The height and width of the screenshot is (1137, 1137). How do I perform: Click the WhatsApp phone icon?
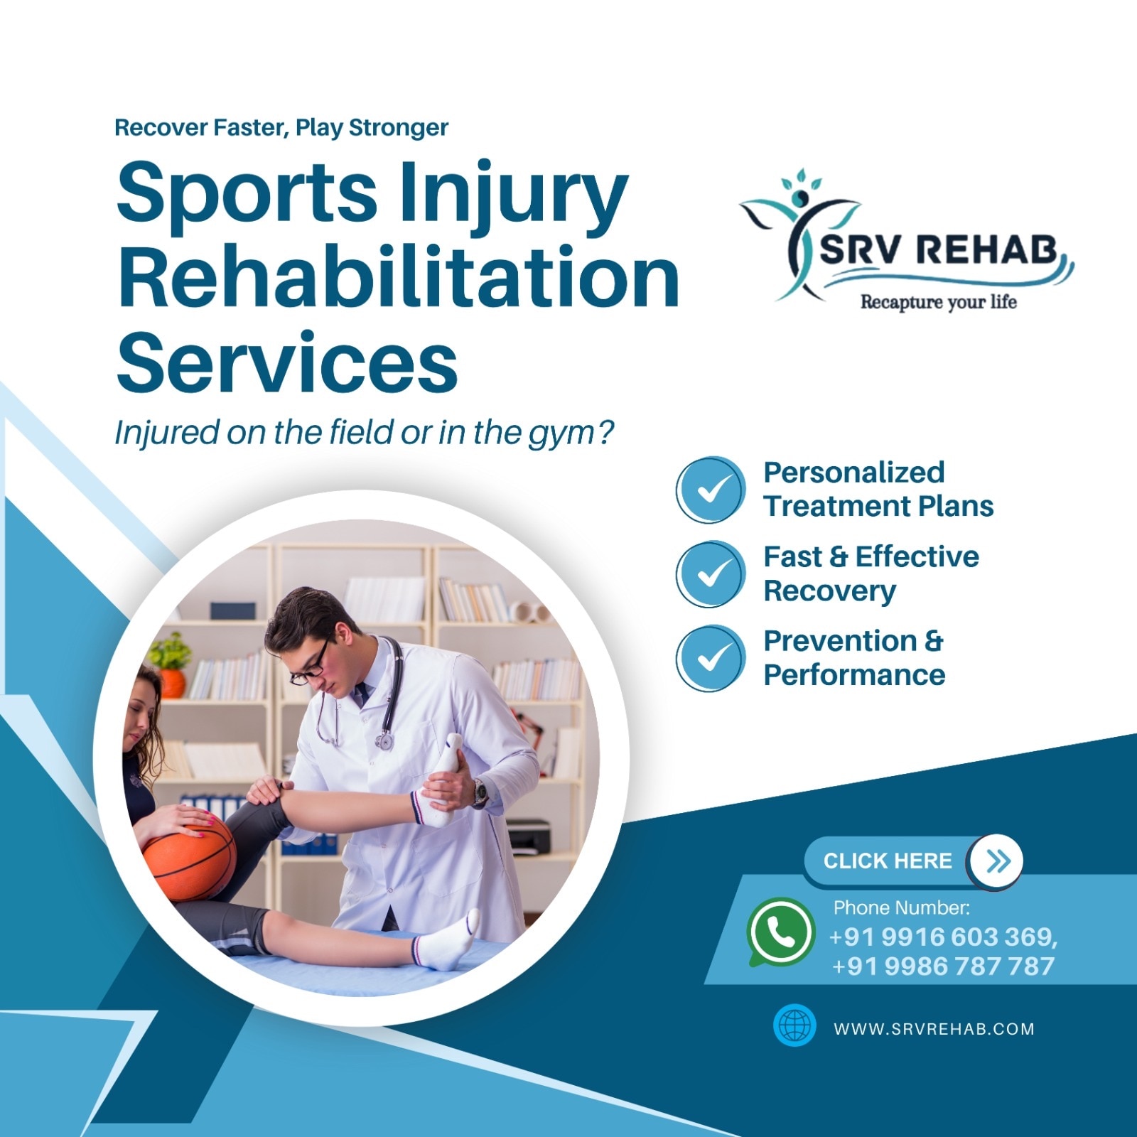pos(780,932)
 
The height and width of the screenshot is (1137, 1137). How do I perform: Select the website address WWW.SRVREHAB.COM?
pos(934,1028)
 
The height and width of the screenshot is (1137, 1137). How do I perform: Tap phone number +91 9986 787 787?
pos(943,966)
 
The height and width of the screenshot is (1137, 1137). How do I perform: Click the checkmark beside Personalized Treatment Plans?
pos(711,490)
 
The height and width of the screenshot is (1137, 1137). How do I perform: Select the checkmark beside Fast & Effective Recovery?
pos(711,573)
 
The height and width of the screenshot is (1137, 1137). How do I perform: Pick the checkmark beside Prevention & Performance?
pos(711,658)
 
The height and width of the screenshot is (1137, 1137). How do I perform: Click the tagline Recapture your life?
pos(938,302)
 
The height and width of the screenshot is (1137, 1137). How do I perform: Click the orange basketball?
pos(189,857)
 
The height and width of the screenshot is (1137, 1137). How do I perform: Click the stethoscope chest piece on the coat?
pos(384,741)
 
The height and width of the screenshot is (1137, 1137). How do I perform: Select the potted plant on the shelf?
pos(169,664)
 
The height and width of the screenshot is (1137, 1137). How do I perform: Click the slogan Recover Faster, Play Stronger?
pos(281,128)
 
